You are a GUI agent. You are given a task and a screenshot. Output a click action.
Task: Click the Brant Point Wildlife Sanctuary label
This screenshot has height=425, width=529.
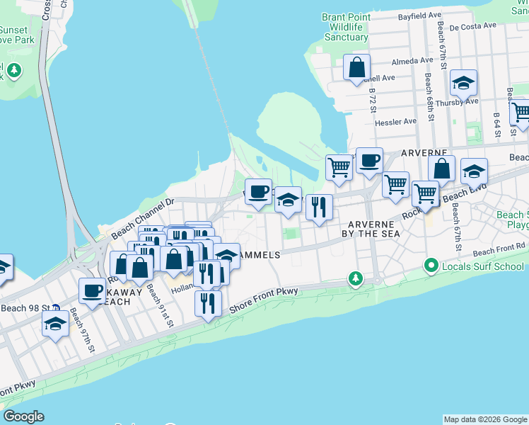tap(345, 27)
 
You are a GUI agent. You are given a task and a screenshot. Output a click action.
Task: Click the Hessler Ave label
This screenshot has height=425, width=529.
tap(396, 122)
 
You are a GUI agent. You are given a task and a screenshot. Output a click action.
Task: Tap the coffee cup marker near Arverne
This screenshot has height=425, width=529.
tap(368, 161)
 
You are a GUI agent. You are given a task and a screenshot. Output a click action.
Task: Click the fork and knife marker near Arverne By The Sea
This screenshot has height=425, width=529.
tap(319, 207)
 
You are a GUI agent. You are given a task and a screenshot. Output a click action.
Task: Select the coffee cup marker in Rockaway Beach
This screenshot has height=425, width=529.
tap(92, 290)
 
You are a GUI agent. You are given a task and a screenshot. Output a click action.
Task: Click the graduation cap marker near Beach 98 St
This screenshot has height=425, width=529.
tap(54, 324)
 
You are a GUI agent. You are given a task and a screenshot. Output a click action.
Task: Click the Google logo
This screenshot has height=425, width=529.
tap(23, 416)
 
